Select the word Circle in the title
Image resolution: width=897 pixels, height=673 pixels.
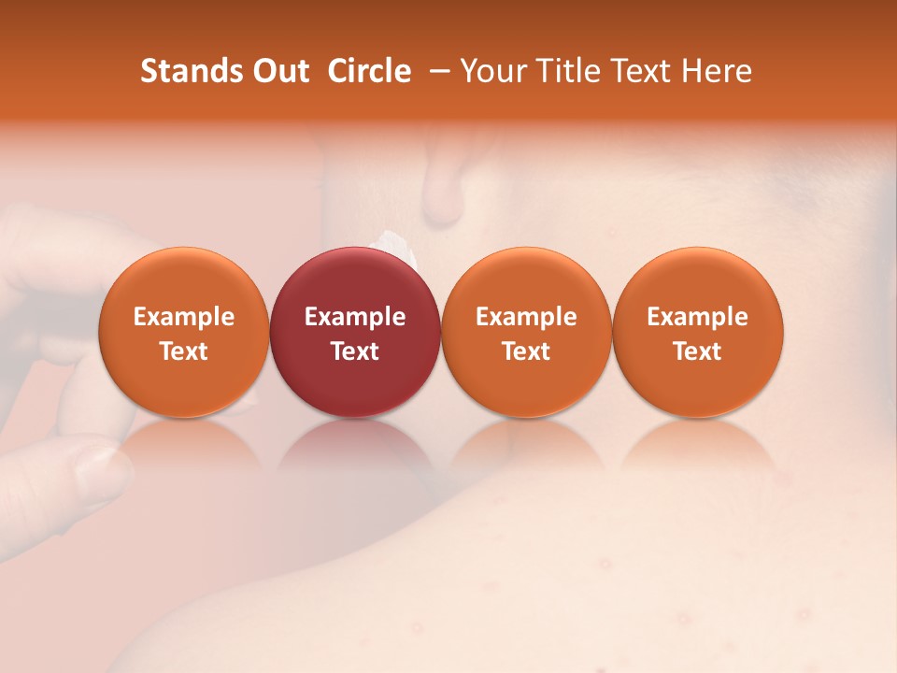(x=369, y=71)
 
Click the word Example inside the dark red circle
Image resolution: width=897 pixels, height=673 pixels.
(x=355, y=317)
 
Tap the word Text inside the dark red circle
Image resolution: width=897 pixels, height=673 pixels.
(x=355, y=351)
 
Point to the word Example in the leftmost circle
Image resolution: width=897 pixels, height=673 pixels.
(x=183, y=317)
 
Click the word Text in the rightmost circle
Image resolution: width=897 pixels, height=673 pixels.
(x=698, y=351)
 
